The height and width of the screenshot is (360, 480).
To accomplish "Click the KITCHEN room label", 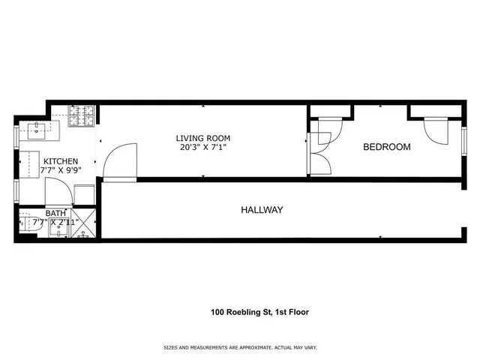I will click(x=59, y=162).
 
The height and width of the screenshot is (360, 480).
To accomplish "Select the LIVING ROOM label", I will click(x=202, y=138).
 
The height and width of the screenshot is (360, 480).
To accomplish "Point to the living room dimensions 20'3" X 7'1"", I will click(x=202, y=148).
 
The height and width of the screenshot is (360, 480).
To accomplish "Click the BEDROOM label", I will click(x=386, y=147).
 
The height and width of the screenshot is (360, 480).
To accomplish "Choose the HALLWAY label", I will click(x=262, y=210).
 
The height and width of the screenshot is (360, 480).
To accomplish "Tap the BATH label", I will click(x=55, y=213).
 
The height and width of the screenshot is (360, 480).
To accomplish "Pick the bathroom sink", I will click(x=57, y=233).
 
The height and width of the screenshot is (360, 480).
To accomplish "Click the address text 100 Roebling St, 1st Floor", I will click(x=258, y=312).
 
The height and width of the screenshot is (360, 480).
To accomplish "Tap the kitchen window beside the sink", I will click(x=16, y=139).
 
